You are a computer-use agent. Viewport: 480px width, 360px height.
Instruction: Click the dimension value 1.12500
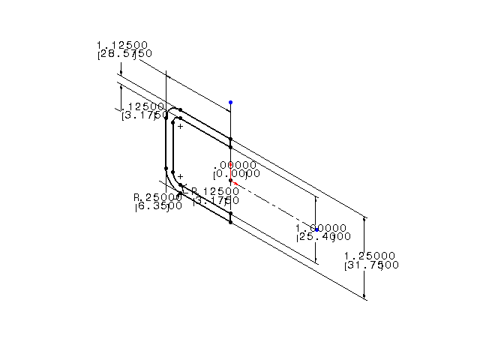coord(122,44)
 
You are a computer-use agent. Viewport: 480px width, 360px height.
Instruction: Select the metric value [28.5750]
coord(124,54)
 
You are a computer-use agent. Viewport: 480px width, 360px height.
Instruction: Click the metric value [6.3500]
coord(158,206)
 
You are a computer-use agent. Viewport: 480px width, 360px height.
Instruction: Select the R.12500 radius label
coord(215,191)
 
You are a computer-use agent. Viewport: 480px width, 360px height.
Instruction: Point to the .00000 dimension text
coord(235,165)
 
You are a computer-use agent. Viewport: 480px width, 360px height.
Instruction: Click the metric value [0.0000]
coord(235,174)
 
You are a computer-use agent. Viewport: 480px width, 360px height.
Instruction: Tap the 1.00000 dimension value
coord(320,228)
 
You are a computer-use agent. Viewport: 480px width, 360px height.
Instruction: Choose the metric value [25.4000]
coord(322,237)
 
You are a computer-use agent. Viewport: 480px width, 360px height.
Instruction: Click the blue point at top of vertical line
coord(230,102)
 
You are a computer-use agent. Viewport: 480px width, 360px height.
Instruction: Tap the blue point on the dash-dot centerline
coord(316,229)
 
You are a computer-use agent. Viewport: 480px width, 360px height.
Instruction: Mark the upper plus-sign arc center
coord(180,126)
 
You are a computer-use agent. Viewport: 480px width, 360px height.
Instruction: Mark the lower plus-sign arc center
coord(180,176)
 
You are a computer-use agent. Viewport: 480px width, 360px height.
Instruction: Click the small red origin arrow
coord(235,182)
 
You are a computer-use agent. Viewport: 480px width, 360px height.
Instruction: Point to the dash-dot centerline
coord(277,207)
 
